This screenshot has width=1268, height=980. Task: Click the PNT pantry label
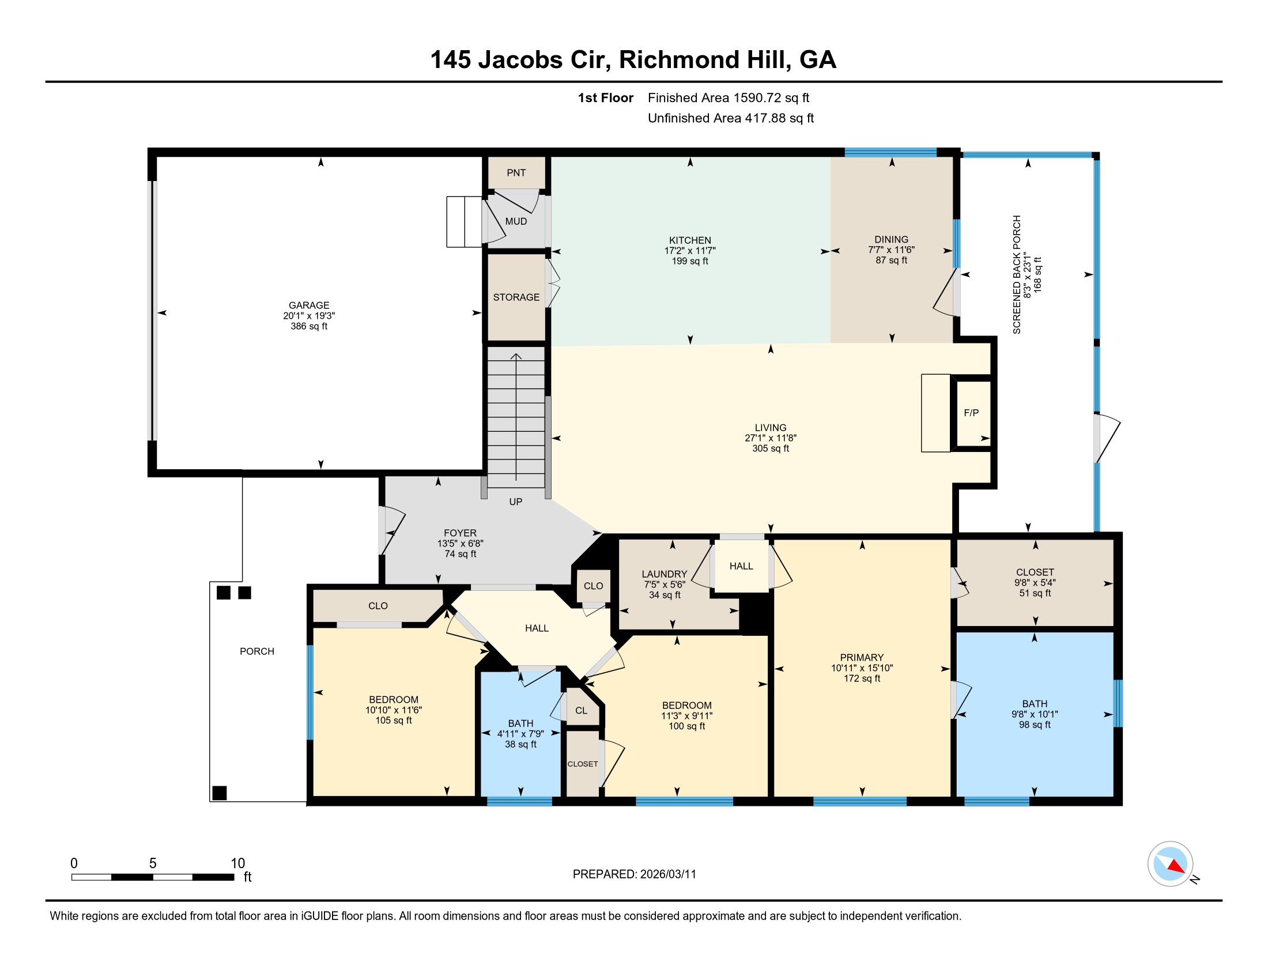(516, 172)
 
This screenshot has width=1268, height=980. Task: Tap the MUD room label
(516, 221)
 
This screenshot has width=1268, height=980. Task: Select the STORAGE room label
(516, 297)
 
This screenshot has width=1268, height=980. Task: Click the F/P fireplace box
(971, 413)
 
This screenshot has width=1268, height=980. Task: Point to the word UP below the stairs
(516, 502)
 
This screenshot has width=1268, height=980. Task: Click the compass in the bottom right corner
(1171, 864)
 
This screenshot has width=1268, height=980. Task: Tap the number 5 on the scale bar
(153, 864)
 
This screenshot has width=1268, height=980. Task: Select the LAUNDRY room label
(664, 574)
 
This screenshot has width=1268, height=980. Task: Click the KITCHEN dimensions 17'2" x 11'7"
(690, 251)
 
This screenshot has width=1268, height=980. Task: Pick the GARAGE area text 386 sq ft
(309, 326)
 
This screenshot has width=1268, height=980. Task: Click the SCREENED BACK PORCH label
(1017, 274)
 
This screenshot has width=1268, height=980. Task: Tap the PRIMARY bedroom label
(862, 657)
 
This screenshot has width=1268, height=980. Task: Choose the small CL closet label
(581, 711)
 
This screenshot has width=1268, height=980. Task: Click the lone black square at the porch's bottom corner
(220, 793)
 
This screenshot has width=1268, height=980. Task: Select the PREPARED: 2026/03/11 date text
(634, 875)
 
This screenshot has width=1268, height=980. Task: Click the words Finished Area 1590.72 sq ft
(729, 97)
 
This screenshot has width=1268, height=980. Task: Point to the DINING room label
(891, 239)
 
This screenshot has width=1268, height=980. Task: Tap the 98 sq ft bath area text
(1035, 725)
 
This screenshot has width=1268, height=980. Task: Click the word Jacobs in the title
(520, 60)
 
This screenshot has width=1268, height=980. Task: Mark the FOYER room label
(460, 533)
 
